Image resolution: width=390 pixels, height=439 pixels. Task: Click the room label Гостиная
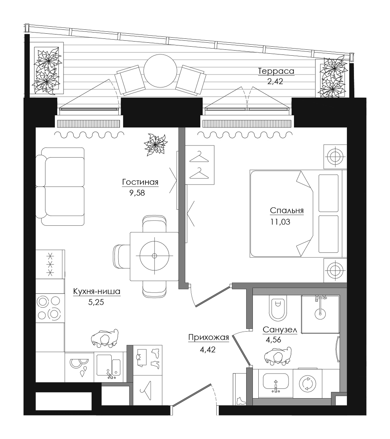click(x=140, y=182)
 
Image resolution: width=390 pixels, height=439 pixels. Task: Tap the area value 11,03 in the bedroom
click(x=280, y=222)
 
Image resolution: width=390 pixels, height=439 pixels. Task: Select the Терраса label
click(x=276, y=71)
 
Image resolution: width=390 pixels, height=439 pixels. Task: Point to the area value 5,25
click(x=96, y=302)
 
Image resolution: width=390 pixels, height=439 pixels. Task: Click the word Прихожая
click(x=209, y=337)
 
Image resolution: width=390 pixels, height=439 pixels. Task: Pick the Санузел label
click(x=280, y=330)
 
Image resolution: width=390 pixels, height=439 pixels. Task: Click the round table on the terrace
click(x=160, y=71)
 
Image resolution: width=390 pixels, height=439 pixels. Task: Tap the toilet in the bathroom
click(x=278, y=308)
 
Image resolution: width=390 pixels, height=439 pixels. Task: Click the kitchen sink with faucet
click(x=109, y=366)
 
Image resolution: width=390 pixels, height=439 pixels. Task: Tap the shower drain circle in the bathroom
click(x=320, y=314)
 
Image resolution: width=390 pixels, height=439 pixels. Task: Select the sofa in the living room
click(x=60, y=187)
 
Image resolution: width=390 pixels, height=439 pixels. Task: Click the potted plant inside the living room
click(x=155, y=145)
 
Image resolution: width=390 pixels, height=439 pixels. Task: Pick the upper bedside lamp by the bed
click(x=335, y=156)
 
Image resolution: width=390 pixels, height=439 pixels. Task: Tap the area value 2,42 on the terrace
click(x=275, y=82)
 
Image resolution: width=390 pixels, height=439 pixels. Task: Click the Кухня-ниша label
click(x=96, y=292)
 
